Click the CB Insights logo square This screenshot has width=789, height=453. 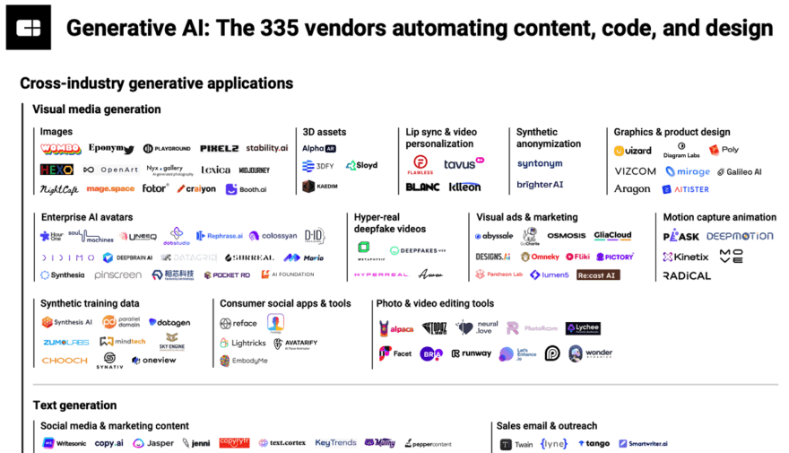(x=29, y=28)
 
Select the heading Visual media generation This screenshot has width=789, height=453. (x=97, y=109)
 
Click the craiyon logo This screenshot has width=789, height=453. (x=196, y=189)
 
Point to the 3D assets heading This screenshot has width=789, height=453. (x=324, y=132)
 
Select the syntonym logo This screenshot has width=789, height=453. (x=540, y=164)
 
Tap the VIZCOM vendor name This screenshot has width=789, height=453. (x=635, y=171)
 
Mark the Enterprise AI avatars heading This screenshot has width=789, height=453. (x=87, y=217)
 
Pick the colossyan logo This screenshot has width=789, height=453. (x=273, y=236)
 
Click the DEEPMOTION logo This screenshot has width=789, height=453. (x=740, y=236)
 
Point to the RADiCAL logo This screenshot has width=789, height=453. (x=687, y=275)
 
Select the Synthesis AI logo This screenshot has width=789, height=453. (x=67, y=322)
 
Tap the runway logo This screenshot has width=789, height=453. (x=471, y=353)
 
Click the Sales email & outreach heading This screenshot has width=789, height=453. (x=547, y=426)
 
